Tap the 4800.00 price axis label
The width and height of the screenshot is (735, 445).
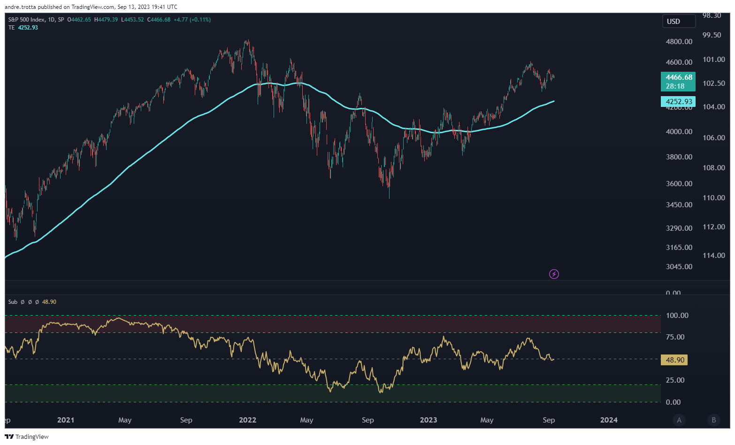679,42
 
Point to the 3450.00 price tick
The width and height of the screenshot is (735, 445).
679,205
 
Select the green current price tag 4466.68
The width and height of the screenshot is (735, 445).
678,81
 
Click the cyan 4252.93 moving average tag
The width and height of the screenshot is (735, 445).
678,102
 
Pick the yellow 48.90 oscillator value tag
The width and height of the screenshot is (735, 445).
674,360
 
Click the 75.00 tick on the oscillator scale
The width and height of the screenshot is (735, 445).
675,337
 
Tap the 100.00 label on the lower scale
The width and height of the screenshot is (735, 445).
677,316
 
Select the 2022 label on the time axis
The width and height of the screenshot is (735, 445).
247,420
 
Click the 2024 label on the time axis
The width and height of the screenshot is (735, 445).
609,420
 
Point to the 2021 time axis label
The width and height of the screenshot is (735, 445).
66,420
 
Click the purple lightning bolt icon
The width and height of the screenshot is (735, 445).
554,274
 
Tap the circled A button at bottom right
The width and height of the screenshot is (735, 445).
679,420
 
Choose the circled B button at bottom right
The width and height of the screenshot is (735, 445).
714,420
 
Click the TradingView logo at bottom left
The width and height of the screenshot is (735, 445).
27,437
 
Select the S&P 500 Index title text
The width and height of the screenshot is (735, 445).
27,20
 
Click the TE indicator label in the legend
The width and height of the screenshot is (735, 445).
12,28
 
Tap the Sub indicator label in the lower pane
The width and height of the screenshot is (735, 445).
13,302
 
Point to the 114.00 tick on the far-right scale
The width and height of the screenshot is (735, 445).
713,256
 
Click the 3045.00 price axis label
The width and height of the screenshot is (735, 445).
679,267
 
